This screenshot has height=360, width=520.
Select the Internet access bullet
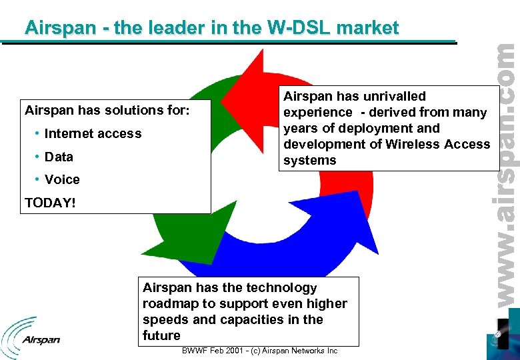point(93,133)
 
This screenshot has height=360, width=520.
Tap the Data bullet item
point(59,157)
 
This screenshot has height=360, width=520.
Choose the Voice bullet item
point(62,179)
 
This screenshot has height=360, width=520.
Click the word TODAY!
point(51,203)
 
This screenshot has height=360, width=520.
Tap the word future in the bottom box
point(161,335)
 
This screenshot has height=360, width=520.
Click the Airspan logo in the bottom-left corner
point(31,333)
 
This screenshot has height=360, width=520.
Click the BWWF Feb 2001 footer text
point(259,351)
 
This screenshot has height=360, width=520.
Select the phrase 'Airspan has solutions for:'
point(107,109)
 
